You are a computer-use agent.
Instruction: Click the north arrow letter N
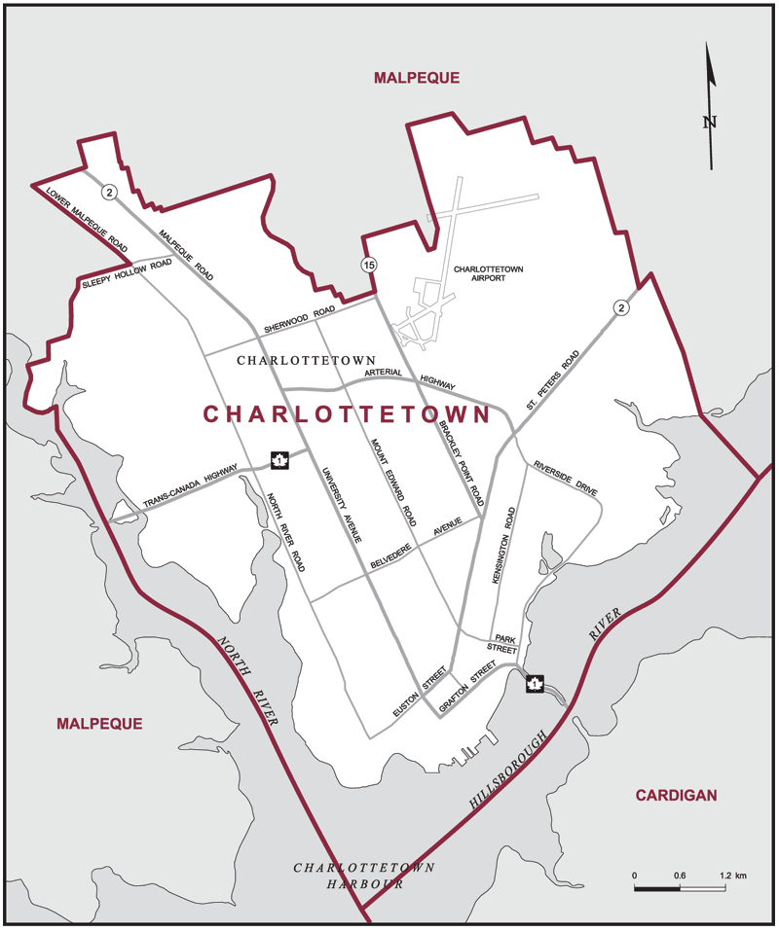click(710, 123)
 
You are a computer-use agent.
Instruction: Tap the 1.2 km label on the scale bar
click(733, 877)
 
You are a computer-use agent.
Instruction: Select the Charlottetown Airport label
click(494, 272)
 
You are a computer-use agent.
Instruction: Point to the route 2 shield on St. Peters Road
click(620, 308)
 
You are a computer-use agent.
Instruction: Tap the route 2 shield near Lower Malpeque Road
click(110, 192)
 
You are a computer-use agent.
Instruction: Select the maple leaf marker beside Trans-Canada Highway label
click(279, 460)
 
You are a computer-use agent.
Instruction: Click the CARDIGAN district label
click(676, 795)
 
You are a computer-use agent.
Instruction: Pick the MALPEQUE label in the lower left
click(99, 724)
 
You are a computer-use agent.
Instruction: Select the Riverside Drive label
click(564, 481)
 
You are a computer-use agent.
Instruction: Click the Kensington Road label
click(509, 544)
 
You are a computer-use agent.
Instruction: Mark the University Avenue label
click(345, 505)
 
